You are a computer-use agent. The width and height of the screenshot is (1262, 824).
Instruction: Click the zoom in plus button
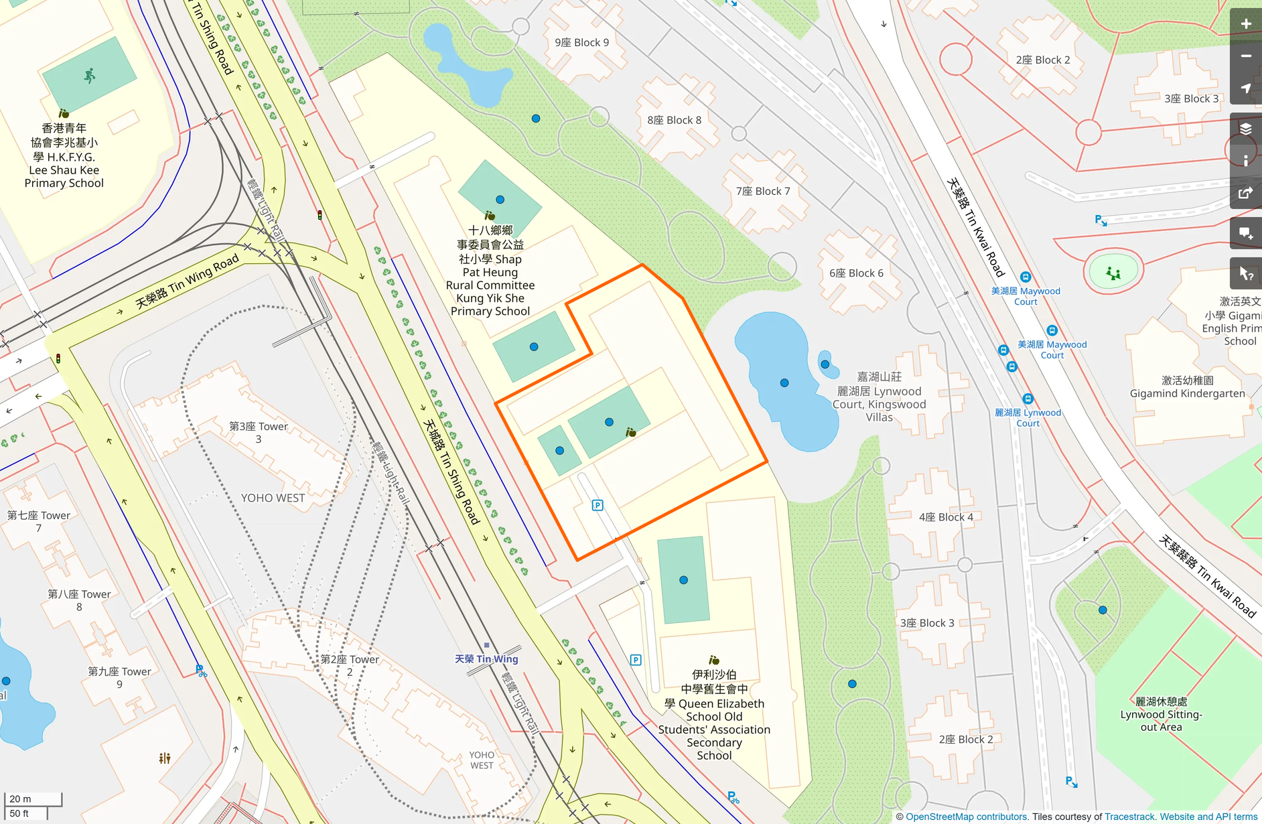[x=1245, y=24]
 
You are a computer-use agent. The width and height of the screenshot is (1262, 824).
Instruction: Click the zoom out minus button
[x=1245, y=56]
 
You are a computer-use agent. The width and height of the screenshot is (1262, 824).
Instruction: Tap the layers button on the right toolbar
[x=1245, y=129]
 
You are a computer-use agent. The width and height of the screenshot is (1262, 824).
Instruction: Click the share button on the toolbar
[x=1245, y=194]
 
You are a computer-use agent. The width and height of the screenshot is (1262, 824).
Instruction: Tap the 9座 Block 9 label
[x=581, y=42]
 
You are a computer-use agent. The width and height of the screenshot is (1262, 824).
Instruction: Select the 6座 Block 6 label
[x=856, y=273]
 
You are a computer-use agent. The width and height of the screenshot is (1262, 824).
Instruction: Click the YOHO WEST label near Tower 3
[x=273, y=498]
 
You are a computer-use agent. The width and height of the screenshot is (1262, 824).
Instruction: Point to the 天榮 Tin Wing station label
[x=486, y=659]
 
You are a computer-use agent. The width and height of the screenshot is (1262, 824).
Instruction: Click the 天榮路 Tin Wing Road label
[x=187, y=281]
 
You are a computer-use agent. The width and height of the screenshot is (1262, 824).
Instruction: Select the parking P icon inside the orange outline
[x=598, y=505]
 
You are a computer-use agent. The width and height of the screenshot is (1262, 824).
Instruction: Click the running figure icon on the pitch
[x=89, y=75]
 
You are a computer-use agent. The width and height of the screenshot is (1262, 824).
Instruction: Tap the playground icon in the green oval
[x=1113, y=273]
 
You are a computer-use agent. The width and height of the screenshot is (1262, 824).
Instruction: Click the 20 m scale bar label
[x=21, y=799]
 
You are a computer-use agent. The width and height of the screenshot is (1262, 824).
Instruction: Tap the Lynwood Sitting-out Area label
[x=1161, y=714]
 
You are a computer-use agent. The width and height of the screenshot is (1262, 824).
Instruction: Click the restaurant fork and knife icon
[x=165, y=758]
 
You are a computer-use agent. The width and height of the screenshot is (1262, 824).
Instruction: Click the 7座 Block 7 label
[x=763, y=192]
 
